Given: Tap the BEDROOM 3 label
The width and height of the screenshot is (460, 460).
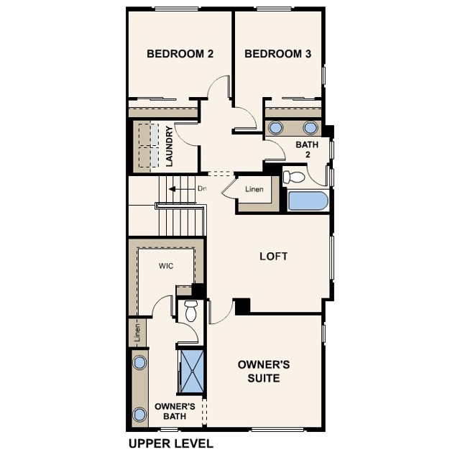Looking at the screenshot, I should click(277, 53).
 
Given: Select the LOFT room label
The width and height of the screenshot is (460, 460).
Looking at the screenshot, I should click(273, 256).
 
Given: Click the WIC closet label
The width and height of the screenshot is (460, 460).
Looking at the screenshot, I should click(166, 266).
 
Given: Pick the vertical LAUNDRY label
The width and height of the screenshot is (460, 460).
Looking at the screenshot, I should click(170, 147).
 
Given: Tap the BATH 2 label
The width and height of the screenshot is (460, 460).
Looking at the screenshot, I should click(308, 149).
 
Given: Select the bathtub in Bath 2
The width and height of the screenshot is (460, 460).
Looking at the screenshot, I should click(308, 201).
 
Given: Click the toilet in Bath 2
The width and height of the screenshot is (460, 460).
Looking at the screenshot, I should click(294, 176).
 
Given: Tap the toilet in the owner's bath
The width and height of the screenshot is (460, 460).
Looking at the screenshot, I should click(190, 312).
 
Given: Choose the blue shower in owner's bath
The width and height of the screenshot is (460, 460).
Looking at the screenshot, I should click(191, 371).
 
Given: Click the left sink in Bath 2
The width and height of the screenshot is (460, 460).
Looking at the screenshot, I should click(276, 128).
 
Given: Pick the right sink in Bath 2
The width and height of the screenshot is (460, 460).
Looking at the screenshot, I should click(310, 128).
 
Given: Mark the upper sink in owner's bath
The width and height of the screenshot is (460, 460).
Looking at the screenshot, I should click(140, 362).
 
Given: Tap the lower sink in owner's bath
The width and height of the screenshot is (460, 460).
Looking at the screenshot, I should click(140, 414).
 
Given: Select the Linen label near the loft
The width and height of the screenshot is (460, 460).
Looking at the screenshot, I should click(254, 190).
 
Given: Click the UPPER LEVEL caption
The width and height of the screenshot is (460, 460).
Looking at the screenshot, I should click(170, 443).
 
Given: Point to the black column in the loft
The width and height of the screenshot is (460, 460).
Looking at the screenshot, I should click(242, 305).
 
